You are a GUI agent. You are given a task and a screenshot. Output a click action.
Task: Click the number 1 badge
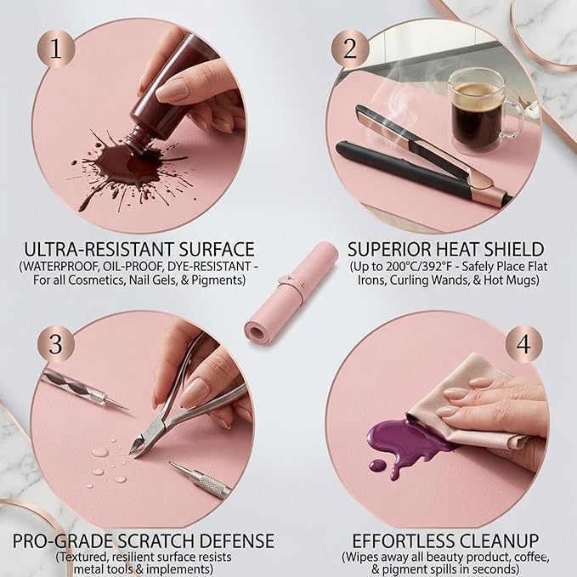(55, 48)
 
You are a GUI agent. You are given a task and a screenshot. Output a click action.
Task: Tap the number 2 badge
(350, 48)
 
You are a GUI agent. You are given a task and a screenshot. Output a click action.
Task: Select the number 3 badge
(55, 344)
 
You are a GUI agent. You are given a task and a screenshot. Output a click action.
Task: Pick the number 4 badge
(523, 344)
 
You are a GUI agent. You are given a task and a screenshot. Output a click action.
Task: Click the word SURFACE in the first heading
(217, 249)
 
